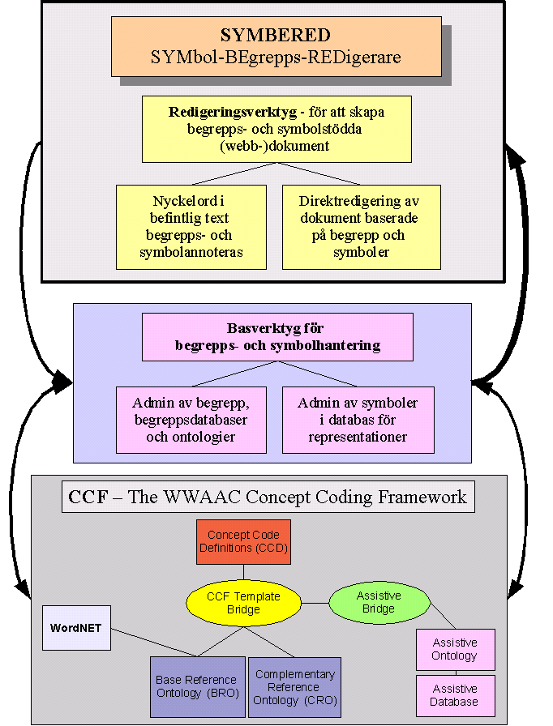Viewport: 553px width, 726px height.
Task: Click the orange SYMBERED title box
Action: [276, 46]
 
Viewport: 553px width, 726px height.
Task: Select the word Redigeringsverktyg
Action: [221, 112]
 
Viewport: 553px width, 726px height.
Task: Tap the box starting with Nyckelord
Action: [191, 227]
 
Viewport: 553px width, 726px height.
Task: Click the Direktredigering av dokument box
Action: [361, 227]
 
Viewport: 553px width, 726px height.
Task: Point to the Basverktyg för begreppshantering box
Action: [276, 337]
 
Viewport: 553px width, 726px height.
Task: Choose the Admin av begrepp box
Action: [191, 419]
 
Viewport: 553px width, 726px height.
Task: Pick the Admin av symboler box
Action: [358, 419]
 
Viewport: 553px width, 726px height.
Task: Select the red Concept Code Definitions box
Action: [243, 542]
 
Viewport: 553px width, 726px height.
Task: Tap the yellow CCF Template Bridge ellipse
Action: [243, 603]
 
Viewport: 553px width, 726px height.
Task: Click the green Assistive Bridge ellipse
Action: [379, 602]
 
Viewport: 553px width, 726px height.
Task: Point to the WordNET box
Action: [76, 627]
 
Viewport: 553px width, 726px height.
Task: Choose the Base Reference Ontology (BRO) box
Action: [197, 686]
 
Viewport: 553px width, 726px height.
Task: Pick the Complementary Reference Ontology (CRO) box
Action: [294, 686]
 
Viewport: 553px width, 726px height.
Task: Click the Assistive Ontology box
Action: [455, 649]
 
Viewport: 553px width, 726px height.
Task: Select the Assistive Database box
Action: [455, 694]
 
